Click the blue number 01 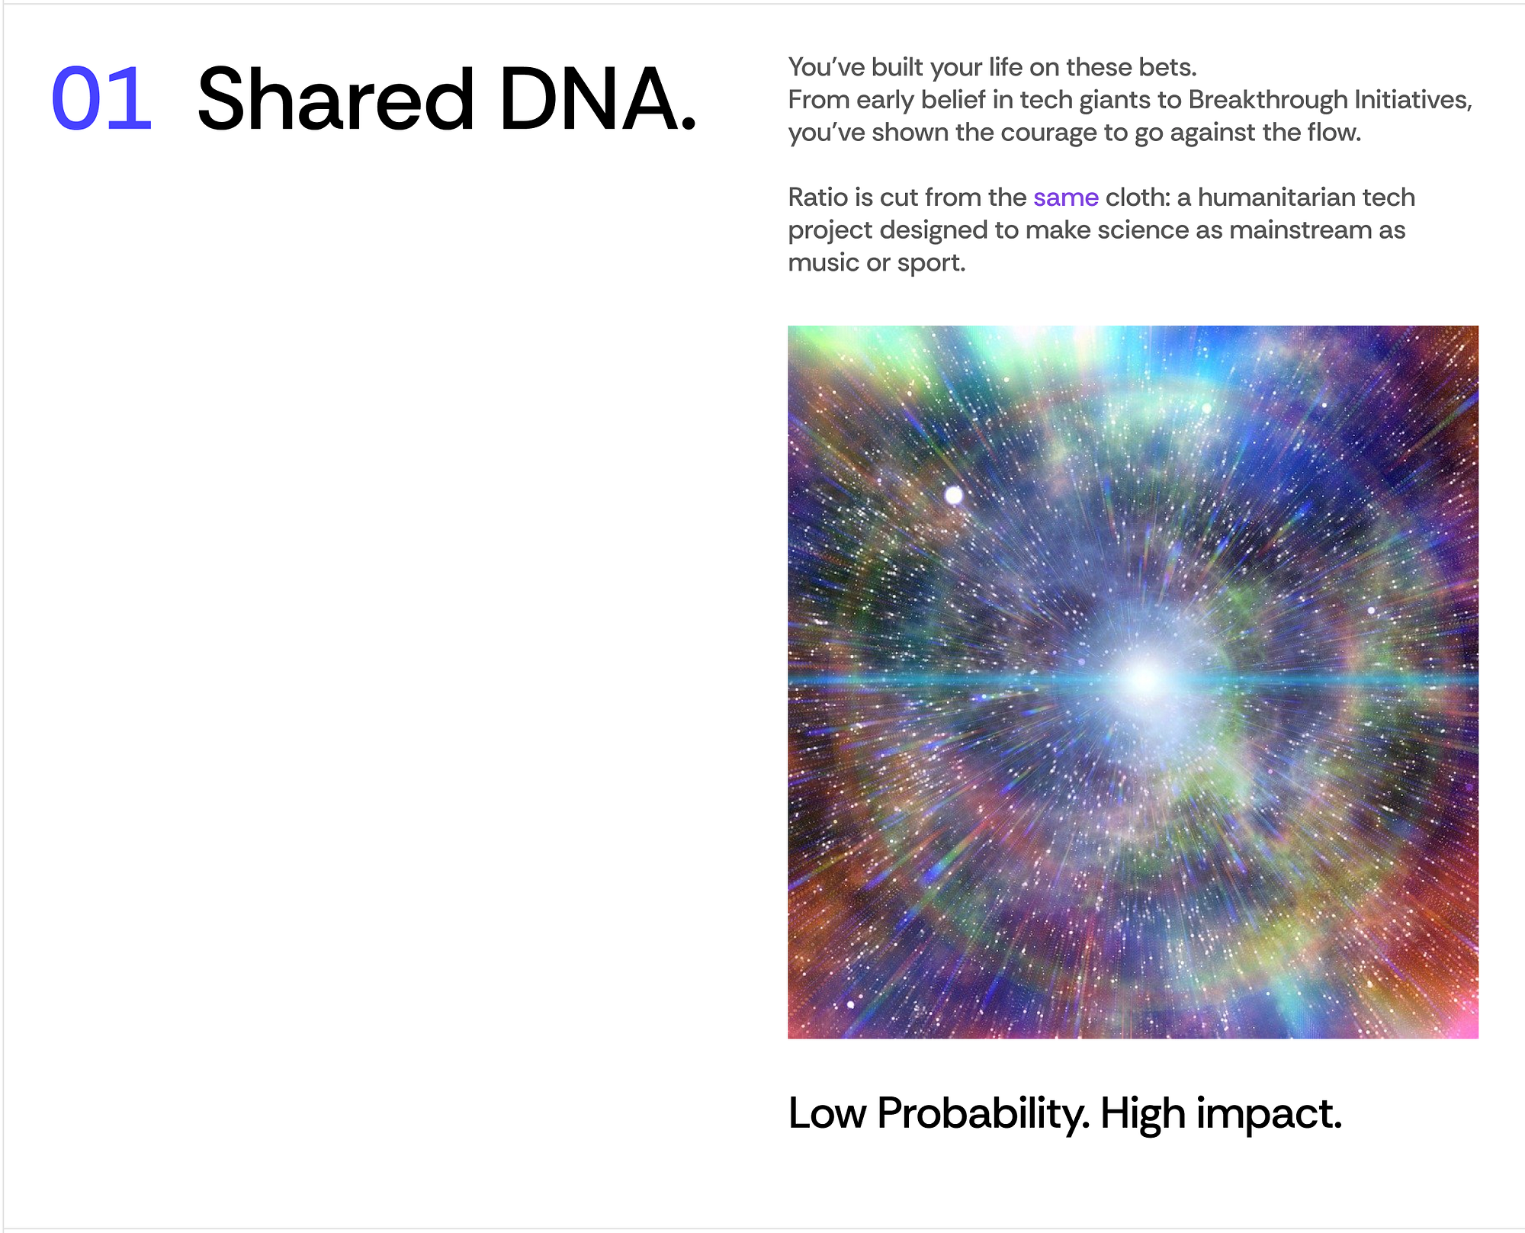[x=101, y=98]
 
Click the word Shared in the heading [x=335, y=98]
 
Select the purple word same [x=1065, y=197]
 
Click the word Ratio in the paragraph [x=818, y=197]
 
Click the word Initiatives [x=1413, y=100]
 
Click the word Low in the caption [x=827, y=1113]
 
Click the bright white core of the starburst [x=1144, y=677]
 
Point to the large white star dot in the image [x=953, y=496]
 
